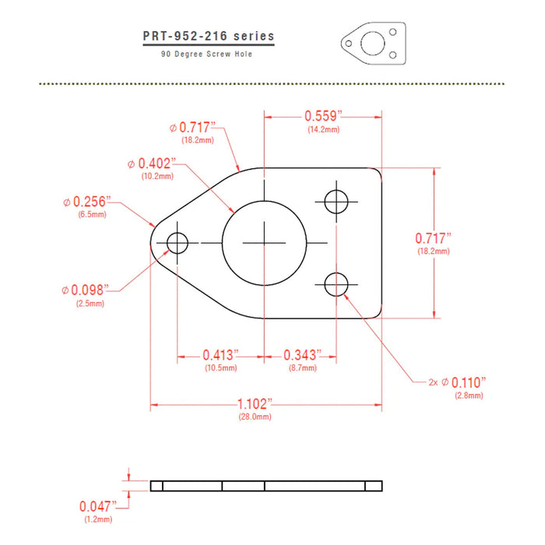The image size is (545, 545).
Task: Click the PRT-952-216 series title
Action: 208,37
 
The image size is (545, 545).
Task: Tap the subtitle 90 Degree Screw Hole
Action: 207,54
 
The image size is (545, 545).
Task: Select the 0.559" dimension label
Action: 323,116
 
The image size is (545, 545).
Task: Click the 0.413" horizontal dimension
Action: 220,355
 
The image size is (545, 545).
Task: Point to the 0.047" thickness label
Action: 103,505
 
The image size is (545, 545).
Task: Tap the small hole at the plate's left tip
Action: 178,243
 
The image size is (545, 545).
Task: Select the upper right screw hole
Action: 337,201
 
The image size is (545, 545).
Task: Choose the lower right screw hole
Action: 337,284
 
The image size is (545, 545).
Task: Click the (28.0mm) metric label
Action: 255,417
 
